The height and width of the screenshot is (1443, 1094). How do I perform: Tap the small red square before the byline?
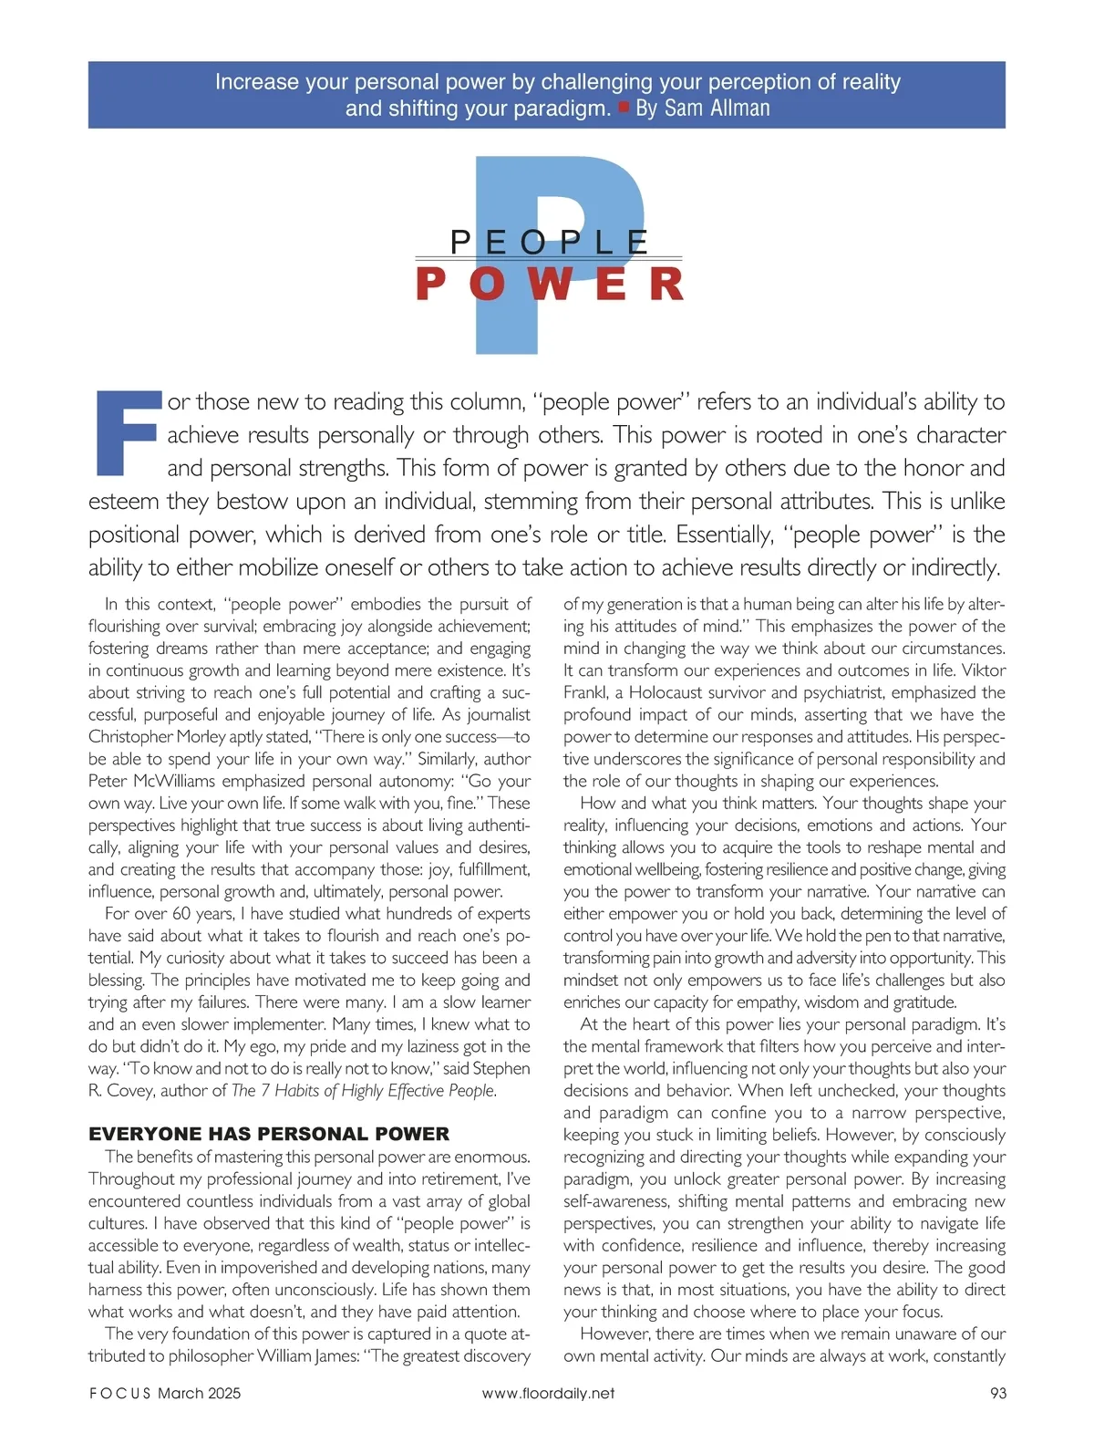click(x=624, y=108)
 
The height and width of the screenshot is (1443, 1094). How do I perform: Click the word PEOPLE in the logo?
click(x=549, y=242)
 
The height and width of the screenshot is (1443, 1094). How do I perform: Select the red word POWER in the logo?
click(x=549, y=284)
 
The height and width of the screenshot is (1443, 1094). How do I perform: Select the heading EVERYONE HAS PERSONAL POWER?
click(x=269, y=1134)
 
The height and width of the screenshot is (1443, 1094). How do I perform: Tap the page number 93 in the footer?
click(x=997, y=1393)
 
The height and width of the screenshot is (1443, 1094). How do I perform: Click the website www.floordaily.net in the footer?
click(x=548, y=1393)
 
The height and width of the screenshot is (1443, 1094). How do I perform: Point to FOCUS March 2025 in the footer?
click(x=165, y=1393)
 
